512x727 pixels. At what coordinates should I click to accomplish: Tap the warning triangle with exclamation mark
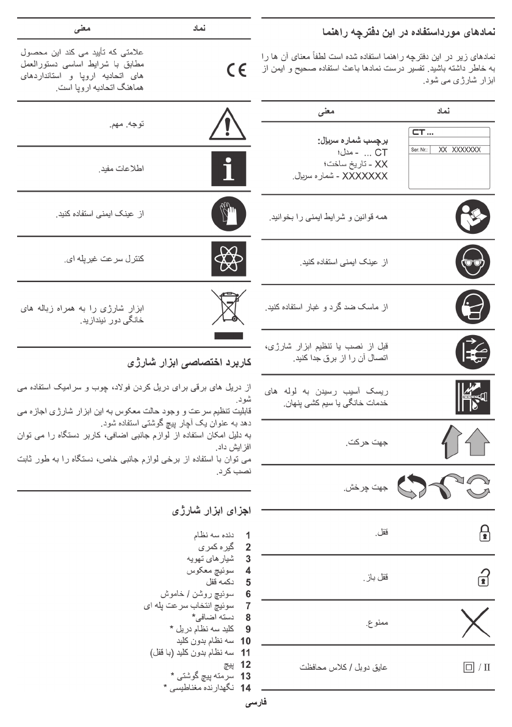click(x=225, y=127)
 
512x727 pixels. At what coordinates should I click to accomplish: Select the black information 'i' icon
click(x=225, y=169)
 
